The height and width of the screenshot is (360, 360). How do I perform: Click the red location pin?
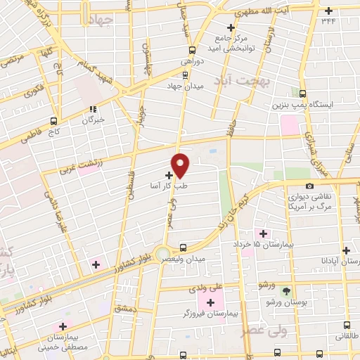[181, 165]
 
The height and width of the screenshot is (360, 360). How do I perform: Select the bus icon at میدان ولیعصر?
[184, 247]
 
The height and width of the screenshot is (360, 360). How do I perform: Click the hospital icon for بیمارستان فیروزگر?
[210, 302]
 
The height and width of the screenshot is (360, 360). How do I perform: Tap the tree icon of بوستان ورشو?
[285, 291]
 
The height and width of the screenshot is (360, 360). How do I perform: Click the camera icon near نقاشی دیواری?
[309, 186]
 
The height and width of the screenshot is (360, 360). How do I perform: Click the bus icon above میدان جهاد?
[192, 49]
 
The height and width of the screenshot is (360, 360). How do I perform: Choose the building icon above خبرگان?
[93, 109]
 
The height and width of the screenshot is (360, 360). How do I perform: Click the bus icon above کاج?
[54, 120]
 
